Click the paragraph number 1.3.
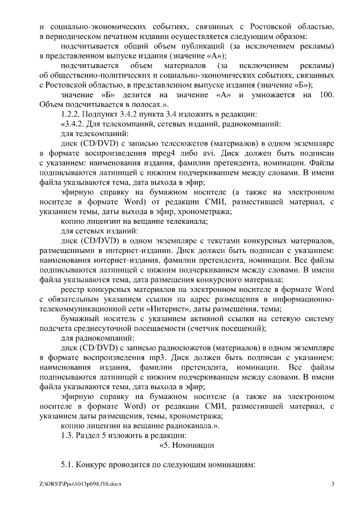click(67, 435)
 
